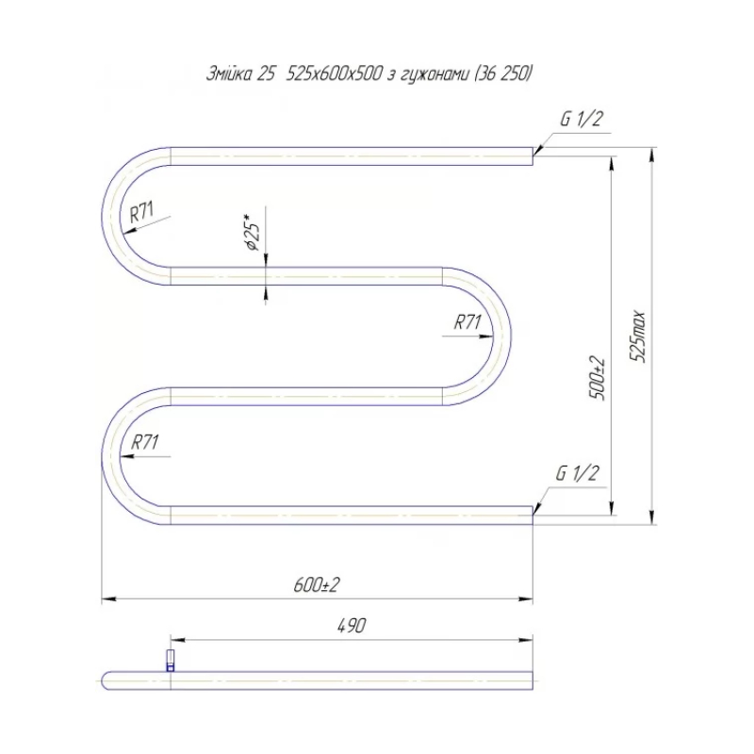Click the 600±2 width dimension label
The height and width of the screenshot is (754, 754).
[317, 584]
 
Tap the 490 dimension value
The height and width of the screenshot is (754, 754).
[352, 626]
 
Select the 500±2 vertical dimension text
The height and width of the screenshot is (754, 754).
[598, 379]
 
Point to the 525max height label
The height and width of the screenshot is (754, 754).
[638, 336]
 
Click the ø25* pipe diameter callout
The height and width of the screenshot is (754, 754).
[253, 230]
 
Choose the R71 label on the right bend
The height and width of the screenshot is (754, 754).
[467, 321]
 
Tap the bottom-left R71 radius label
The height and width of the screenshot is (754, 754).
[144, 442]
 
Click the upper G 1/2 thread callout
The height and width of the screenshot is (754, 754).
[581, 119]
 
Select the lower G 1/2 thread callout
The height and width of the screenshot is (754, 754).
[577, 473]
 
